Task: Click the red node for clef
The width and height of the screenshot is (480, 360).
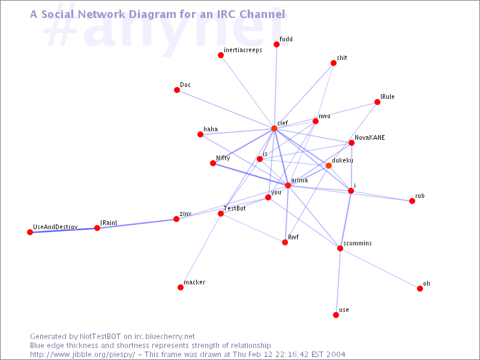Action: (x=274, y=128)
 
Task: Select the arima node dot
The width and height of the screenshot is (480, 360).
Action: (x=288, y=185)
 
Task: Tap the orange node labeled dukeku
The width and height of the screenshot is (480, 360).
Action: (x=328, y=166)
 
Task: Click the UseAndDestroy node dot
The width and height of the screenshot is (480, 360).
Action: (x=30, y=232)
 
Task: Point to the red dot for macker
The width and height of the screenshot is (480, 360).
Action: (x=181, y=287)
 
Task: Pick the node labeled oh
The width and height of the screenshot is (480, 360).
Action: (x=419, y=289)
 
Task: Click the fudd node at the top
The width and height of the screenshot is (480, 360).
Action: (x=277, y=44)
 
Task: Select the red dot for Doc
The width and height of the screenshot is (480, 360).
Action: (x=177, y=89)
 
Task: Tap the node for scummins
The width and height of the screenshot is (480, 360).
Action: (x=340, y=248)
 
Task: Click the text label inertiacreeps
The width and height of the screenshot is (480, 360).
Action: (x=243, y=50)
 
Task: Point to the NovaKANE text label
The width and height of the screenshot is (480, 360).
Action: (x=370, y=137)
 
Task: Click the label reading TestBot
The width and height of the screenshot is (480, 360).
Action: (x=235, y=208)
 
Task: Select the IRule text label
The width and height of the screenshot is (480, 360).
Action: (x=387, y=97)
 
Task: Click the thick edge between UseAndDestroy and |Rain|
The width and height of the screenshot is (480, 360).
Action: (x=64, y=230)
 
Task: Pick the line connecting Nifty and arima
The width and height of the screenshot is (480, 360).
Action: (x=250, y=174)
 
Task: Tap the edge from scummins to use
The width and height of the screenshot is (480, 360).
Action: (x=338, y=281)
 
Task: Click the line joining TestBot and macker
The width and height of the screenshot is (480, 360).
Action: (x=200, y=250)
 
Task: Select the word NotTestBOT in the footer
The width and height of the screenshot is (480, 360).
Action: (x=100, y=337)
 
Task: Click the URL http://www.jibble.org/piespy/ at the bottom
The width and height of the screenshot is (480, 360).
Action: (x=82, y=355)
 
